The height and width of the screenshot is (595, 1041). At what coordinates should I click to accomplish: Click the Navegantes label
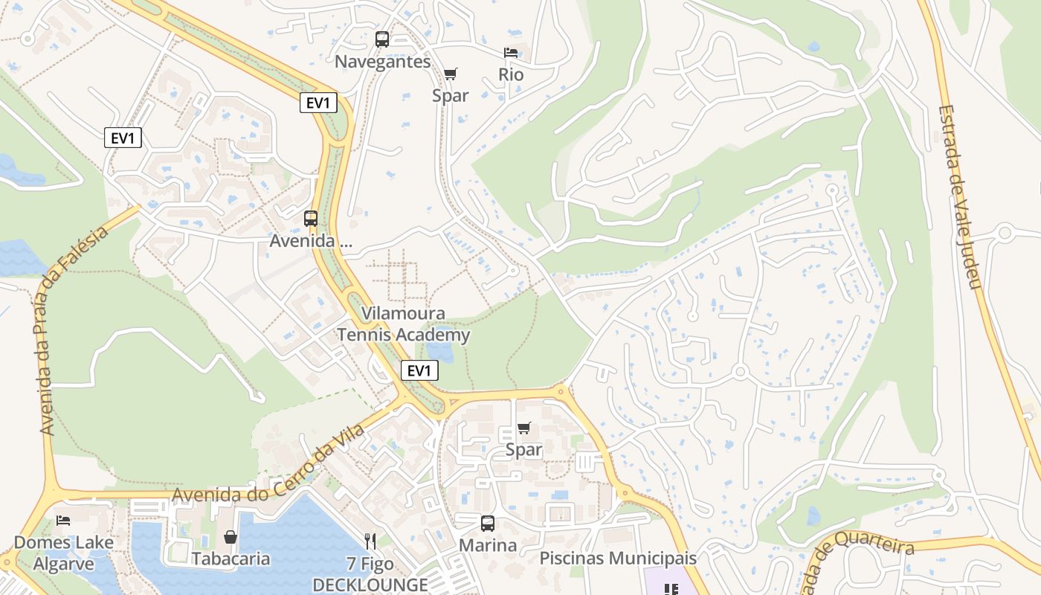382,62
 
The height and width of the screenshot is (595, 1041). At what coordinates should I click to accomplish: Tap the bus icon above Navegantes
382,39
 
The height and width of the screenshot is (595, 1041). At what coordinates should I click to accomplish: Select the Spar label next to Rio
451,95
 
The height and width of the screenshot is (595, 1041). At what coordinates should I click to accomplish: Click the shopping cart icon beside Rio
451,74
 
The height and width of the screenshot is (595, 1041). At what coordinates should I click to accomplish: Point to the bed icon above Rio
511,53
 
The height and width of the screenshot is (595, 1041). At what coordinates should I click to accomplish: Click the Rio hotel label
511,75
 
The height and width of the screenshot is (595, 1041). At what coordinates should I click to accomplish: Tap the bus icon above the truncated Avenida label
311,219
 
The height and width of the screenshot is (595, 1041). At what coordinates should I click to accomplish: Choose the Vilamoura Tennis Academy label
404,324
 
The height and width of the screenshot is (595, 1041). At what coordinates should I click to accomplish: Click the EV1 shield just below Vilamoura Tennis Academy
419,370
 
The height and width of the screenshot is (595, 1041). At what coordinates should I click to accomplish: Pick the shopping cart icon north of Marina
524,428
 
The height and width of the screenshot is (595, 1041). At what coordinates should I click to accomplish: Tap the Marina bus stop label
487,545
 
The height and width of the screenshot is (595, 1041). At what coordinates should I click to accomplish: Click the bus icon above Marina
487,523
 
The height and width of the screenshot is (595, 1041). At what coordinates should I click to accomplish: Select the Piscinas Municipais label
618,558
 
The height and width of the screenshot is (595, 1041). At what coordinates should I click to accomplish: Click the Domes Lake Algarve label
64,553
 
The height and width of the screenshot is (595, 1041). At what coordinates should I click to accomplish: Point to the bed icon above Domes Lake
64,520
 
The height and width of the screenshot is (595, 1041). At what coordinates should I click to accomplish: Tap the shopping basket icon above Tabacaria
231,537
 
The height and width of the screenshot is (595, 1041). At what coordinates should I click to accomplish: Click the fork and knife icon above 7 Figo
370,541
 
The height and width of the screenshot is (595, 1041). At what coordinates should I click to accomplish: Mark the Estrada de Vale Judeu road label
959,196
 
